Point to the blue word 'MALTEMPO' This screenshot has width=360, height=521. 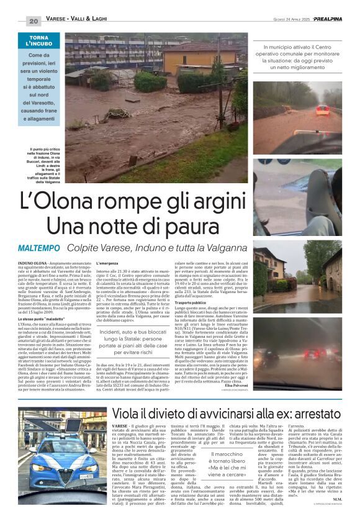38,248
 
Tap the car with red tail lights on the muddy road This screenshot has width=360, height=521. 322,110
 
